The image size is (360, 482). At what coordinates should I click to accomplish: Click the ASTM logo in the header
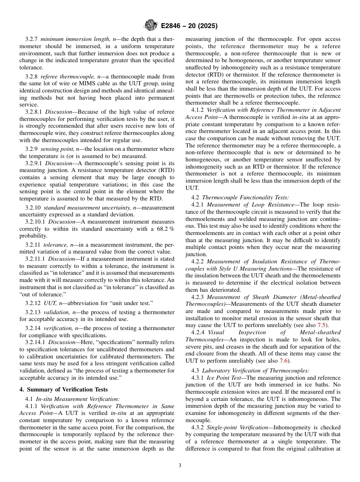coord(151,26)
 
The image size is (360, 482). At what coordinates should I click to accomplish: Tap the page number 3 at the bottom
coord(180,465)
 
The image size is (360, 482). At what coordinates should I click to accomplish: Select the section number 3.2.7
coord(32,39)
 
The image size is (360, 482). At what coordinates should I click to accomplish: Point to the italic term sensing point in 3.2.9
coord(57,149)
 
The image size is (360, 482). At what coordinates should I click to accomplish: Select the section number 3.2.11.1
coord(35,259)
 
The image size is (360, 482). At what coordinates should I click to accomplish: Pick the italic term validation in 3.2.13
coord(56,312)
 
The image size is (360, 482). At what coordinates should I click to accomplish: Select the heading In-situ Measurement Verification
coord(78,399)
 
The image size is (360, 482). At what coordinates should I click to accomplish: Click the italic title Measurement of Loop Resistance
coord(250,205)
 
